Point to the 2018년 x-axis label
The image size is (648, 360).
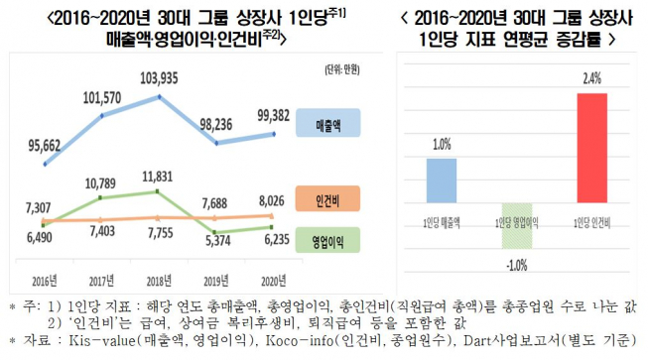(x=160, y=279)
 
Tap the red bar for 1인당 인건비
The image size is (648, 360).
(x=592, y=149)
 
